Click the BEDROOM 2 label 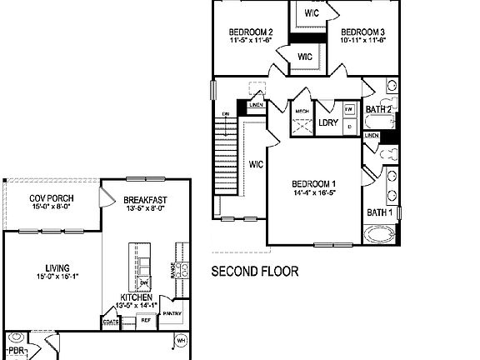point(251,32)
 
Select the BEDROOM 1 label point(314,184)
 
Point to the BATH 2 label point(379,109)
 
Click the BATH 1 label point(379,212)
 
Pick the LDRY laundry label point(328,122)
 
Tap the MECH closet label point(302,110)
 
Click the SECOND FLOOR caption point(255,271)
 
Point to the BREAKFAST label point(146,200)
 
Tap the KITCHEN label point(135,297)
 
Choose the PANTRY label point(172,313)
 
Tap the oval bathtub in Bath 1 point(380,234)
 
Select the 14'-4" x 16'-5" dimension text point(314,193)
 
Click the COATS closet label point(111,321)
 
